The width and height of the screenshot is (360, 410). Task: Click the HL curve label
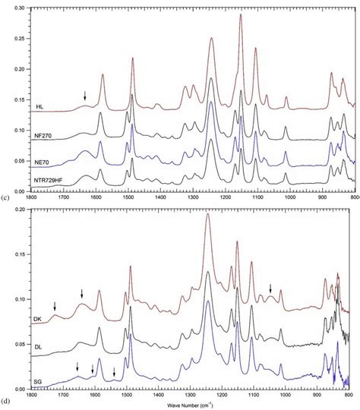click(39, 106)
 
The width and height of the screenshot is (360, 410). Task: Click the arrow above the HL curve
click(85, 95)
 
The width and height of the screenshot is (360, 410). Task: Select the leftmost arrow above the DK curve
click(55, 305)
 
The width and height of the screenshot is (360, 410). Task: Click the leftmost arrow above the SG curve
click(77, 368)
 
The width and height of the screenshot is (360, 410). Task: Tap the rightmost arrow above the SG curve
click(114, 372)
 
